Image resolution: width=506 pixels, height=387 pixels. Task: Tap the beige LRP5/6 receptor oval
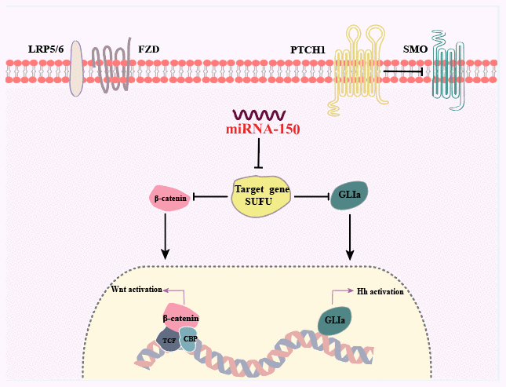pyautogui.click(x=76, y=68)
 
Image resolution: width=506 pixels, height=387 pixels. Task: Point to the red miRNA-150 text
pyautogui.click(x=258, y=130)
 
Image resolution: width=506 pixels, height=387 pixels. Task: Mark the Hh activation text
pyautogui.click(x=380, y=291)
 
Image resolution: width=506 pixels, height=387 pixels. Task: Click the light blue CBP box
pyautogui.click(x=188, y=338)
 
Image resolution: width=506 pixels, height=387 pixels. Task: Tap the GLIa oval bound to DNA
pyautogui.click(x=333, y=321)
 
